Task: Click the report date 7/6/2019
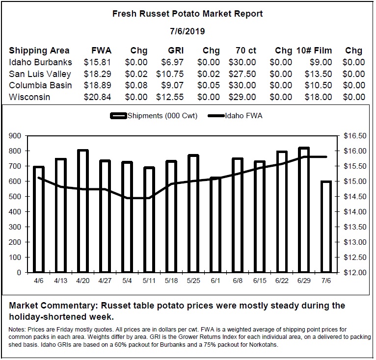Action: coord(188,31)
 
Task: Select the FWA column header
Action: coord(102,51)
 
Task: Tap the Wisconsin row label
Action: coord(29,97)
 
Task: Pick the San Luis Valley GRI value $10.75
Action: coord(170,74)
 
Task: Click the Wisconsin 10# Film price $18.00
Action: coord(318,97)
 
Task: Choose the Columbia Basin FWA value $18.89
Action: coord(97,85)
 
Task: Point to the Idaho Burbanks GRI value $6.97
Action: coord(172,62)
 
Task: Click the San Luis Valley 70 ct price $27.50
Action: coord(242,74)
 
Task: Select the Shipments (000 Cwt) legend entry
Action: coord(154,116)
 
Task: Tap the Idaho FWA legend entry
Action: coord(235,116)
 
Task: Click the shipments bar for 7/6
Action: coord(326,227)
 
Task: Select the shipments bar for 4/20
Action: coord(83,211)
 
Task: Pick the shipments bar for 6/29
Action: coord(304,210)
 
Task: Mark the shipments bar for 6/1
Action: coord(215,225)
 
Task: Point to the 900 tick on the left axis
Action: coord(15,136)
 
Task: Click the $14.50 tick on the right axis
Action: coord(355,197)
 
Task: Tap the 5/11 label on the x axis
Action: coord(149,281)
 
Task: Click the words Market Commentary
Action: coord(54,306)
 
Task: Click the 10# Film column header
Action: coord(314,51)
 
